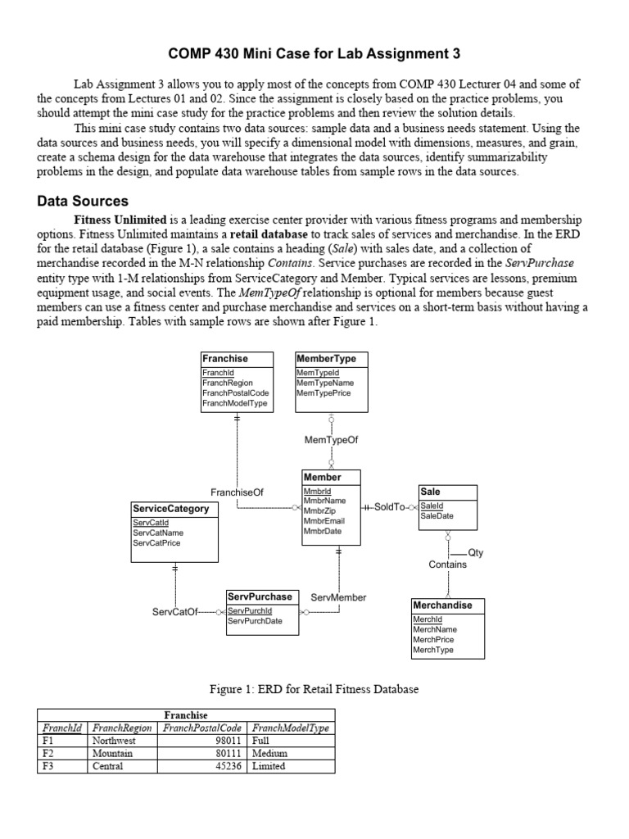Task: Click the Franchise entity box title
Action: (x=225, y=359)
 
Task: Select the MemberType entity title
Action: (x=322, y=359)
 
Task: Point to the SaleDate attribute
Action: (x=437, y=516)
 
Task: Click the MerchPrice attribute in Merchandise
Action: (x=433, y=639)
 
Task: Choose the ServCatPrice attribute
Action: (x=157, y=542)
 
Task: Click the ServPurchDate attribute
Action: (x=255, y=621)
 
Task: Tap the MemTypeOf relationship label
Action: (x=331, y=440)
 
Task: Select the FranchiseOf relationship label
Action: (x=237, y=492)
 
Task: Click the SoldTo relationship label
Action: (x=390, y=507)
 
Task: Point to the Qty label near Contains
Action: (x=475, y=552)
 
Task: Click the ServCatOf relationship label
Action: (x=174, y=612)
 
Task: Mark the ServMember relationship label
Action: (x=338, y=597)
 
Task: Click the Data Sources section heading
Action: (x=83, y=201)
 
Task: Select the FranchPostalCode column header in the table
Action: (x=202, y=728)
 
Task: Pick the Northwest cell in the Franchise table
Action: (x=114, y=740)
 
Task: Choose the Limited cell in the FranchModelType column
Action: (x=269, y=766)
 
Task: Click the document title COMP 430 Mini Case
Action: (x=314, y=54)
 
